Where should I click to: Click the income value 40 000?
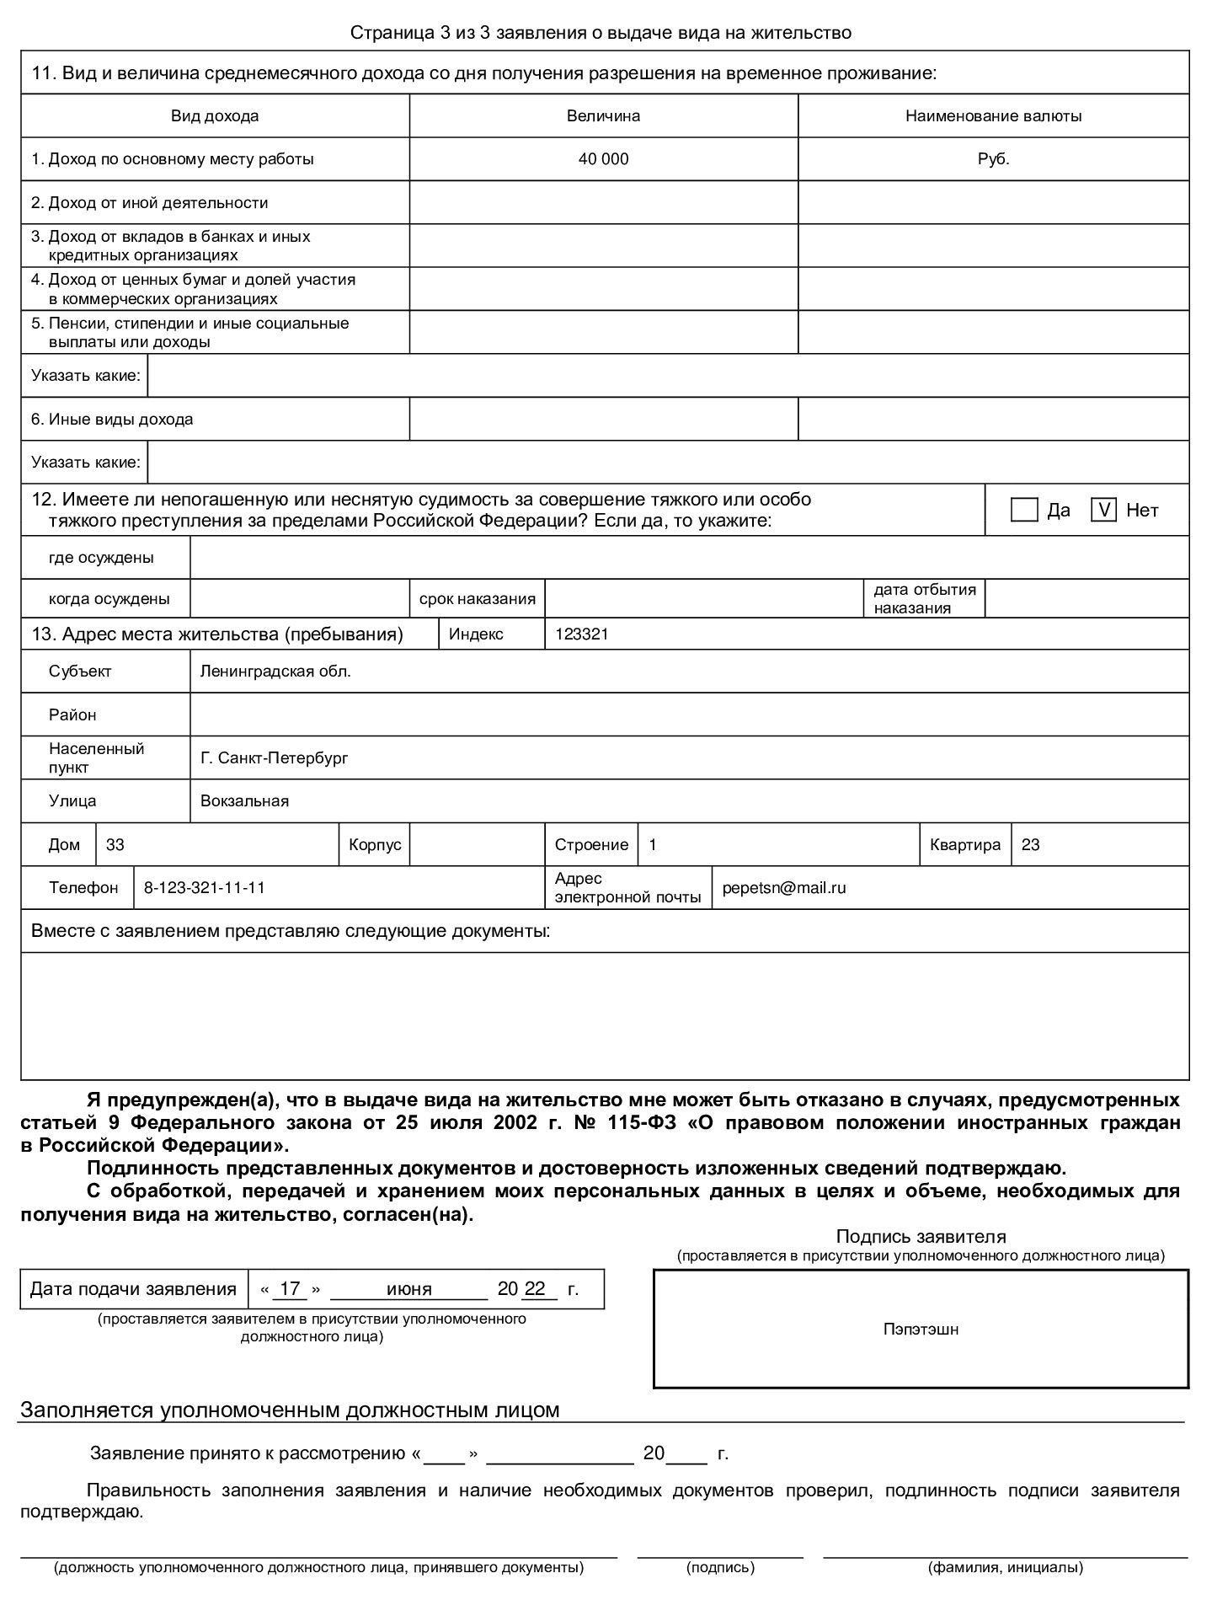[x=603, y=159]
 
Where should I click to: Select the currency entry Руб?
[x=993, y=159]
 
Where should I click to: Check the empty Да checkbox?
[x=1023, y=510]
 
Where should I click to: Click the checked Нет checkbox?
[x=1103, y=510]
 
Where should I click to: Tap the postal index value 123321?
[x=581, y=634]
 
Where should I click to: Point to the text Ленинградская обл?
[x=275, y=672]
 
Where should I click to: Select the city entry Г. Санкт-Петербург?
[x=274, y=758]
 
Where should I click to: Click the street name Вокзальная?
[x=244, y=801]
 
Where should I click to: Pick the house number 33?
[x=115, y=845]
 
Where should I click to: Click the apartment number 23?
[x=1030, y=845]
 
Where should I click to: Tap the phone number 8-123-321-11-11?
[x=205, y=888]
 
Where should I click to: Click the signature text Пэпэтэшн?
[x=921, y=1330]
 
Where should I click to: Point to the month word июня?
[x=408, y=1289]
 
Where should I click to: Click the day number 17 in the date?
[x=290, y=1289]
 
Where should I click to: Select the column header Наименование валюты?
[x=993, y=116]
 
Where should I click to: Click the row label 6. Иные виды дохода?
[x=112, y=420]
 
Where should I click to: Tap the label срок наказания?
[x=478, y=599]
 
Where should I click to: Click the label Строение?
[x=591, y=845]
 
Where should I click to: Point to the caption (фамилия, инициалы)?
[x=1005, y=1568]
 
